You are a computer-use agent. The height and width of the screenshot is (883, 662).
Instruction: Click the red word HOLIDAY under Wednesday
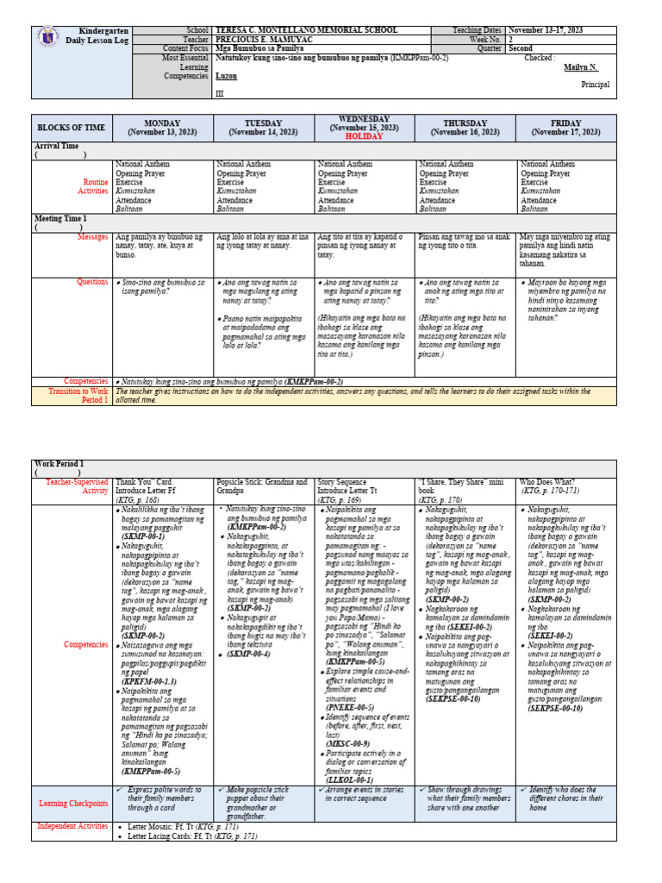pos(365,136)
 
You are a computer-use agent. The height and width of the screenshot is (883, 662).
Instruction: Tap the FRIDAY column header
pos(566,128)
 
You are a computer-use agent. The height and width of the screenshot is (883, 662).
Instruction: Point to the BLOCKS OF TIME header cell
pos(72,128)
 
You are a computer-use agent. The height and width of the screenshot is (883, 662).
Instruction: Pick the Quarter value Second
pos(521,48)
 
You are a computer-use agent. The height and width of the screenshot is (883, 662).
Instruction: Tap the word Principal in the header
pos(596,85)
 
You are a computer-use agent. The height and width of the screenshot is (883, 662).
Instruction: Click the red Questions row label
pos(92,282)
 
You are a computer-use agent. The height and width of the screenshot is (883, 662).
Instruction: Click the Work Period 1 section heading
pos(59,464)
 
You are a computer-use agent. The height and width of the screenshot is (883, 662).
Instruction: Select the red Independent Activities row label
pos(72,826)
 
